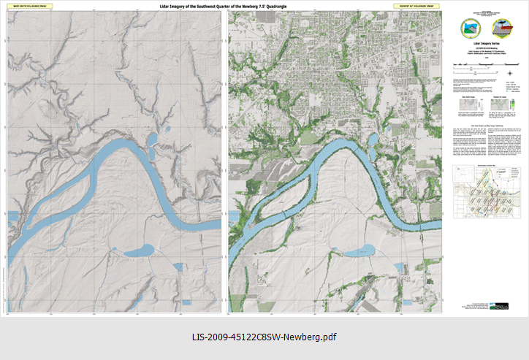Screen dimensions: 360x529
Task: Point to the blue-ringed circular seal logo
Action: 467,28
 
